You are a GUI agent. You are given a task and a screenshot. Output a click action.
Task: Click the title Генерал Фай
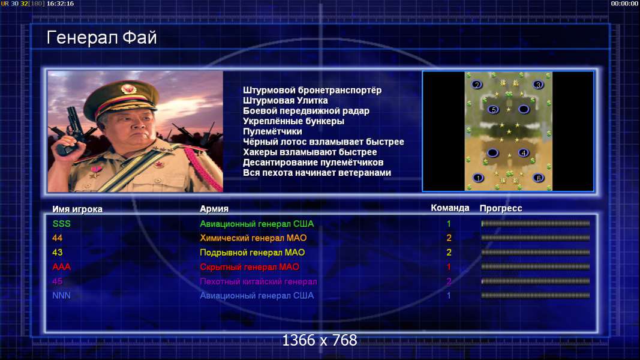pos(101,38)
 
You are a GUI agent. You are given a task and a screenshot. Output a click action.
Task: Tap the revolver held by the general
pos(71,131)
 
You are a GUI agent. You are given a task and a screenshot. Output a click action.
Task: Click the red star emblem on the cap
pos(128,89)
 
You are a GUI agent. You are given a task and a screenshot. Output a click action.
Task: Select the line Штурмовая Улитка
pos(286,100)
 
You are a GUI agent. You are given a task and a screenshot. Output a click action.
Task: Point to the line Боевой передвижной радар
pos(306,111)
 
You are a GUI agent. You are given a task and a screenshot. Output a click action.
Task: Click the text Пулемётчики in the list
pos(273,131)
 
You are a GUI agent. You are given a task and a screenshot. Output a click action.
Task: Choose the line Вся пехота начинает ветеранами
pos(317,173)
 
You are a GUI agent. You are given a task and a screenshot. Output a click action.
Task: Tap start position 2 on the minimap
pos(476,85)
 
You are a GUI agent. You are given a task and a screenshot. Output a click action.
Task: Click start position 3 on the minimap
pos(539,85)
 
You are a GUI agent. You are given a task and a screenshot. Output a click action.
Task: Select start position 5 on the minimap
pos(494,109)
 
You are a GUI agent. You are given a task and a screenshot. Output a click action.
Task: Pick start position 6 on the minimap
pos(539,178)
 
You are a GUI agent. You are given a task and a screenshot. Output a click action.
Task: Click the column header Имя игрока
pos(77,209)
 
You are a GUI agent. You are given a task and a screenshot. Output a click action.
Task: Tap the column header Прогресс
pos(501,208)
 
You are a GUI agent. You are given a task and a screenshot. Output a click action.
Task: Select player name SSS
pos(62,224)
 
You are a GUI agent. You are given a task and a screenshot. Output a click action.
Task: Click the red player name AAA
pos(62,267)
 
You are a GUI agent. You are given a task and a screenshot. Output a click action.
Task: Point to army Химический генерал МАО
pos(253,238)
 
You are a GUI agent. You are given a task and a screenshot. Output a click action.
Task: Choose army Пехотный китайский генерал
pos(259,281)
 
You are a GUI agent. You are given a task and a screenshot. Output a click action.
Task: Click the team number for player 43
pos(449,252)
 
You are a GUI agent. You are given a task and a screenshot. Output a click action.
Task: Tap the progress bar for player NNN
pos(536,296)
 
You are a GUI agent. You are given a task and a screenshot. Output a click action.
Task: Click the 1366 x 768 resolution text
pos(320,340)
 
